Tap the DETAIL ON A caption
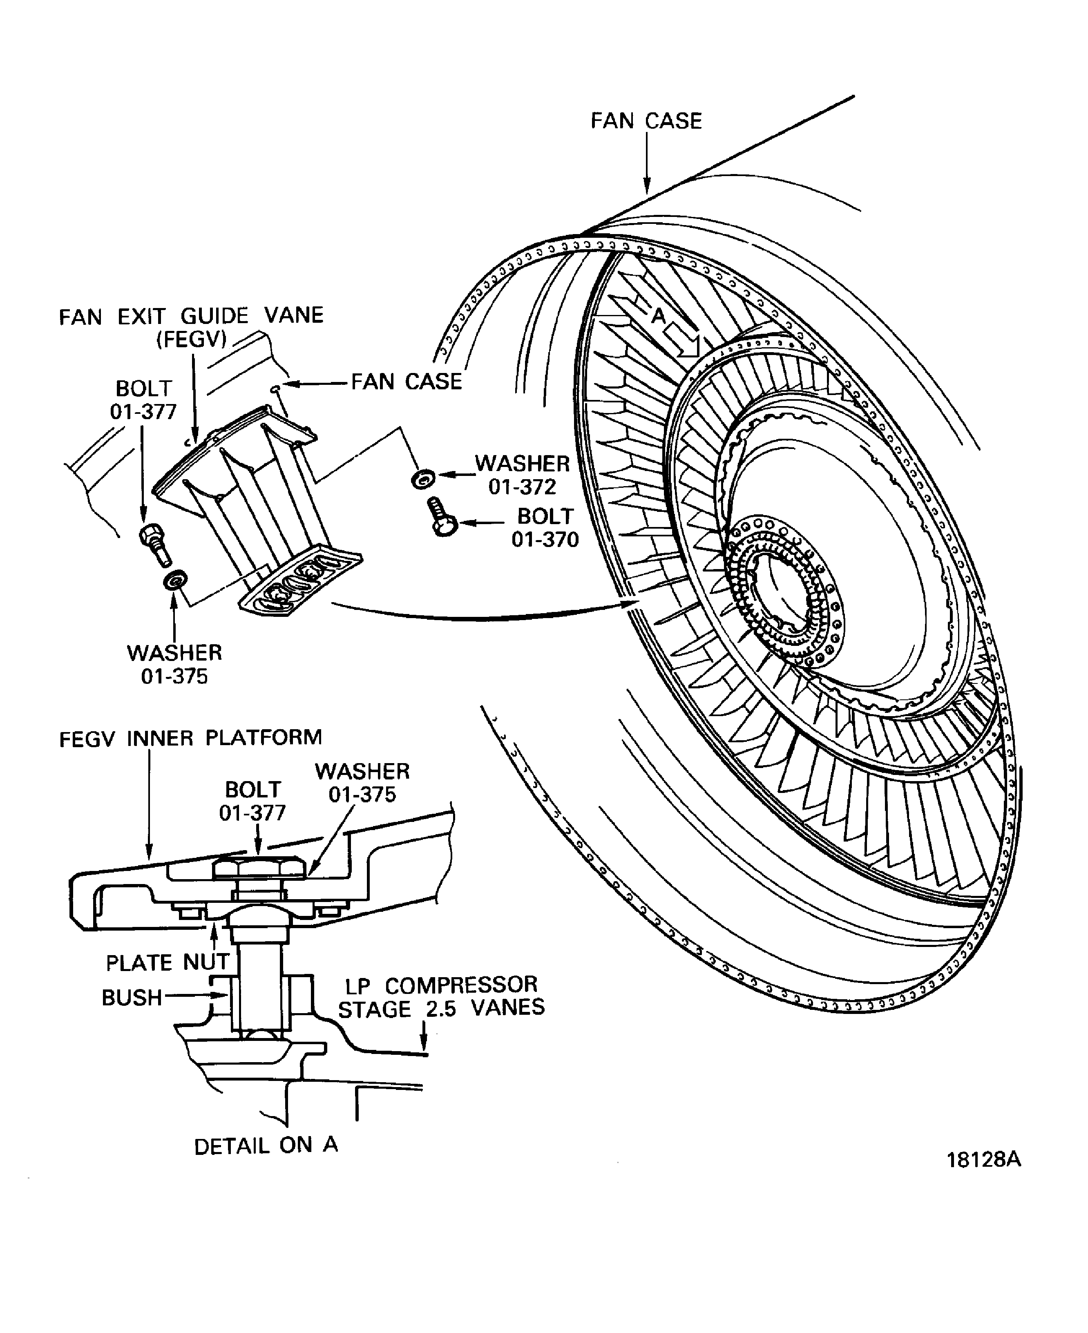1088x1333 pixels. pyautogui.click(x=266, y=1145)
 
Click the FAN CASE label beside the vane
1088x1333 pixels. pyautogui.click(x=406, y=381)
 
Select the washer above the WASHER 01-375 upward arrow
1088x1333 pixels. pyautogui.click(x=174, y=580)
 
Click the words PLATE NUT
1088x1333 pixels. pyautogui.click(x=168, y=962)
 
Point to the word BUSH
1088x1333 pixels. pyautogui.click(x=132, y=997)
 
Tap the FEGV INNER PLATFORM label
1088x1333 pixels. pyautogui.click(x=190, y=738)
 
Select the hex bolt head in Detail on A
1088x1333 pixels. pyautogui.click(x=258, y=870)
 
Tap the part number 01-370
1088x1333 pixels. pyautogui.click(x=545, y=539)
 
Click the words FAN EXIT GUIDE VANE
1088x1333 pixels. pyautogui.click(x=191, y=315)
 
